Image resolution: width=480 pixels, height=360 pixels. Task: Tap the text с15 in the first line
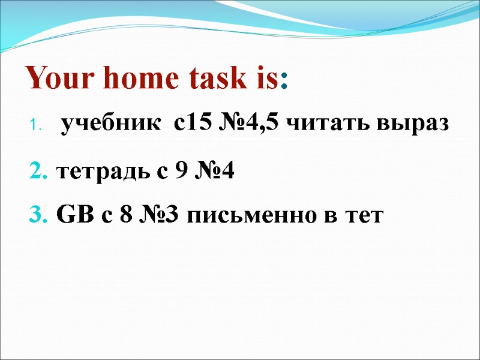click(190, 124)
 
